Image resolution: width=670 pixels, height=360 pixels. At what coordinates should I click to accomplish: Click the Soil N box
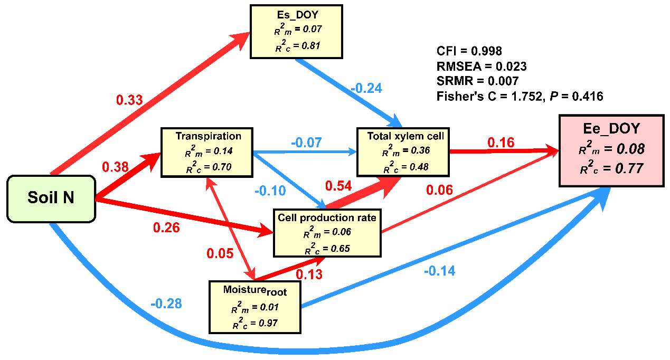coord(51,198)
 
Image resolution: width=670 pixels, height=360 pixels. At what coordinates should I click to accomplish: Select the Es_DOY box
coord(296,31)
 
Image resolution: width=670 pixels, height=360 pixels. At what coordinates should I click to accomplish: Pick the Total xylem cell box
coord(402,151)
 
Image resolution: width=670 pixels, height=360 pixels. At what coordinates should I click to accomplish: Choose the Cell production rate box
coord(327,233)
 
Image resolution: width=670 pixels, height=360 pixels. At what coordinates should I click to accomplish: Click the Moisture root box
coord(255,307)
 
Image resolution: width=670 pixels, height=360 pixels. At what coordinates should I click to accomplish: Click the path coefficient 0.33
coord(129,100)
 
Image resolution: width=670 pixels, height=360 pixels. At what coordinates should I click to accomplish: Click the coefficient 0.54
coord(338,186)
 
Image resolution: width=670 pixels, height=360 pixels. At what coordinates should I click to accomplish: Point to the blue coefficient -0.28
coord(166,304)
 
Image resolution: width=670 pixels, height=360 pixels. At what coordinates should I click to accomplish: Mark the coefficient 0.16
coord(501,143)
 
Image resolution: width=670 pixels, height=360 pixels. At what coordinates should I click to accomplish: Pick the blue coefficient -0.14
coord(439,271)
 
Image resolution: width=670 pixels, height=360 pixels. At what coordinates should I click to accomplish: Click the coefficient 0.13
coord(309,274)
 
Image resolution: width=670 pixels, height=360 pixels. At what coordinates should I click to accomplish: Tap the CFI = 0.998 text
coord(469,51)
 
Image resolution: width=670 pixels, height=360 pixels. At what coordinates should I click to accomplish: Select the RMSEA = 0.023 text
coord(481,66)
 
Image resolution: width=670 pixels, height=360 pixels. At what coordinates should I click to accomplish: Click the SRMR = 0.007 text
coord(477,81)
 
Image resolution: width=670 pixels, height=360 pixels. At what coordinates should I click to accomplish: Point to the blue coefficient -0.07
coord(306,143)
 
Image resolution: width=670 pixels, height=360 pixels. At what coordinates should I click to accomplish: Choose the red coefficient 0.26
coord(166,228)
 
